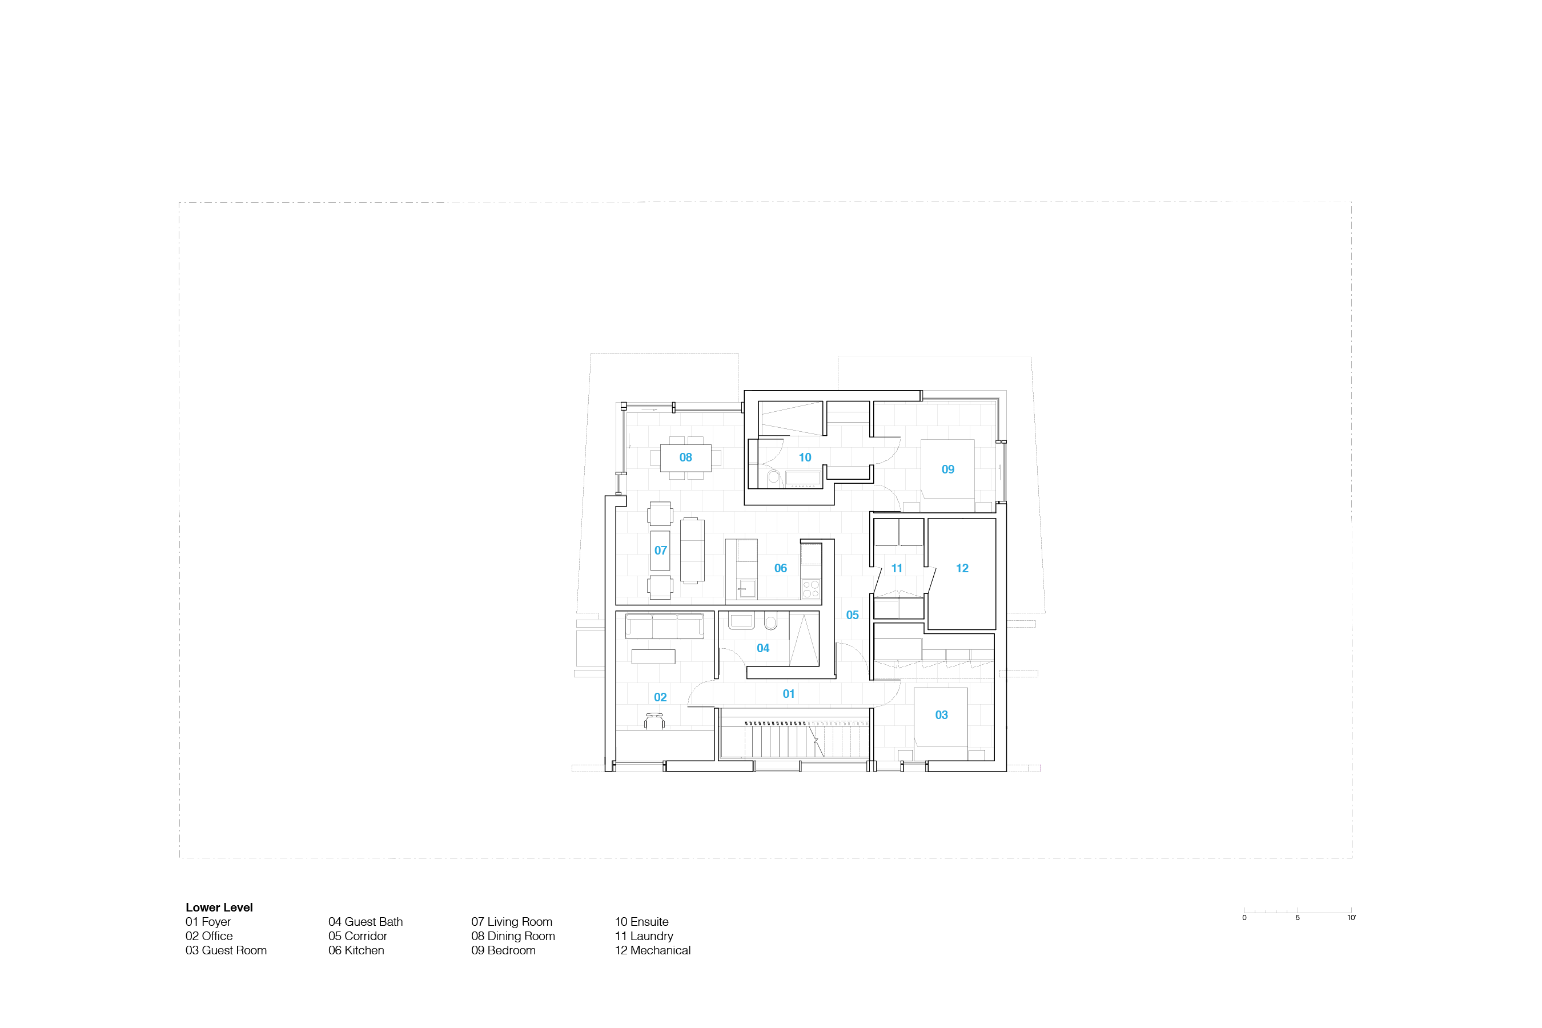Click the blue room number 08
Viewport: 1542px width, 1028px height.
pyautogui.click(x=685, y=457)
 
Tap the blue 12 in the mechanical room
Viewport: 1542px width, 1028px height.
pyautogui.click(x=962, y=568)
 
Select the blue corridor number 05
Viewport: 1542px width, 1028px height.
pyautogui.click(x=852, y=615)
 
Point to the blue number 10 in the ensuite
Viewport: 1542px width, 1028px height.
pyautogui.click(x=805, y=457)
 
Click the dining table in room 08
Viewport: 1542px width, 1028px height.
pyautogui.click(x=686, y=457)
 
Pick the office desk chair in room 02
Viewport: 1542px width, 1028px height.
pyautogui.click(x=654, y=721)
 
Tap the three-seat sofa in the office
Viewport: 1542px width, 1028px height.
pyautogui.click(x=665, y=626)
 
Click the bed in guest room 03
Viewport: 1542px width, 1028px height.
pyautogui.click(x=941, y=717)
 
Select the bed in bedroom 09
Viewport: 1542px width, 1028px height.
pyautogui.click(x=947, y=469)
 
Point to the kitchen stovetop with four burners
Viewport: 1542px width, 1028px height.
pyautogui.click(x=811, y=589)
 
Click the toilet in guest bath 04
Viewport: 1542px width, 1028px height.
pyautogui.click(x=770, y=621)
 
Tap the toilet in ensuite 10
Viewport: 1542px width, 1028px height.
pyautogui.click(x=774, y=477)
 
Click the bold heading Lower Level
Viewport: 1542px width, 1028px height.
pyautogui.click(x=219, y=907)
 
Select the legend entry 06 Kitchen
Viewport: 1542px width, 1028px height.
pyautogui.click(x=356, y=951)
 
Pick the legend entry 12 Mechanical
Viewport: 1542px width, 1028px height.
pyautogui.click(x=652, y=951)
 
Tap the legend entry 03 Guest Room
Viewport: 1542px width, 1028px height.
pyautogui.click(x=226, y=951)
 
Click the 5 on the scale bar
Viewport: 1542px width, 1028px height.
pyautogui.click(x=1298, y=918)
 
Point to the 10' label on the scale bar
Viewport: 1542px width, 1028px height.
pyautogui.click(x=1351, y=918)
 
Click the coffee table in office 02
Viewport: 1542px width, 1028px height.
pyautogui.click(x=653, y=656)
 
